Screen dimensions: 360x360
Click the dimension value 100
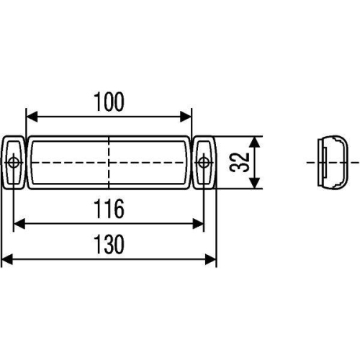tap(109, 102)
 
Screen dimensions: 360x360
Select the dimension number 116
tap(109, 210)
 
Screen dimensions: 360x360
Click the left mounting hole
tap(14, 162)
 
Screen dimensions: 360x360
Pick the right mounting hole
tap(204, 162)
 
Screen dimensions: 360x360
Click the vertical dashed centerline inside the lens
tap(109, 173)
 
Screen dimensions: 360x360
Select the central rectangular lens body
tap(72, 162)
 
